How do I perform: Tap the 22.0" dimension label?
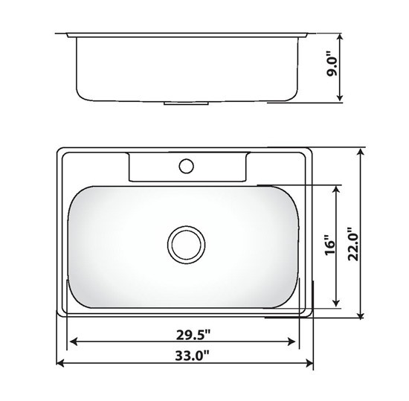point(353,244)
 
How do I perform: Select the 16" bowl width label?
point(329,245)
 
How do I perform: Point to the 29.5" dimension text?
point(193,335)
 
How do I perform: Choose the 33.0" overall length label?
point(193,356)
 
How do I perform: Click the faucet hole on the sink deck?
point(186,166)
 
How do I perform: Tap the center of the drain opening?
point(186,245)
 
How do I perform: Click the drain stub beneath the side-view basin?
point(186,103)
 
